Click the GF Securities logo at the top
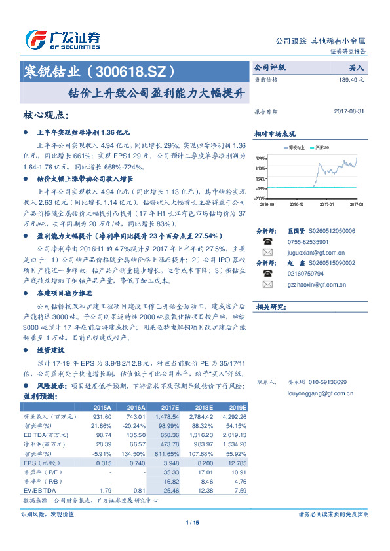click(62, 40)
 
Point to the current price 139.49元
click(351, 79)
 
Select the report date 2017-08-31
click(349, 112)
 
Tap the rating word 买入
click(357, 67)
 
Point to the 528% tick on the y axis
click(260, 158)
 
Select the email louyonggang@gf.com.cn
click(321, 393)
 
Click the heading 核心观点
click(46, 115)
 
